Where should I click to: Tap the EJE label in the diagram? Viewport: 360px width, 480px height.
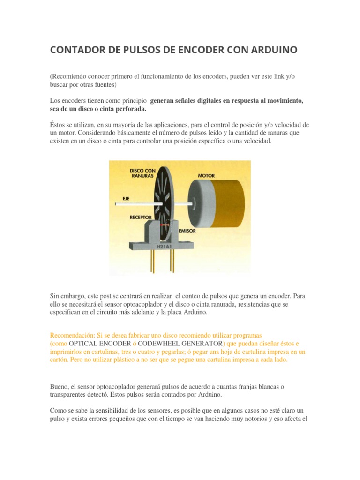(x=126, y=198)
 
